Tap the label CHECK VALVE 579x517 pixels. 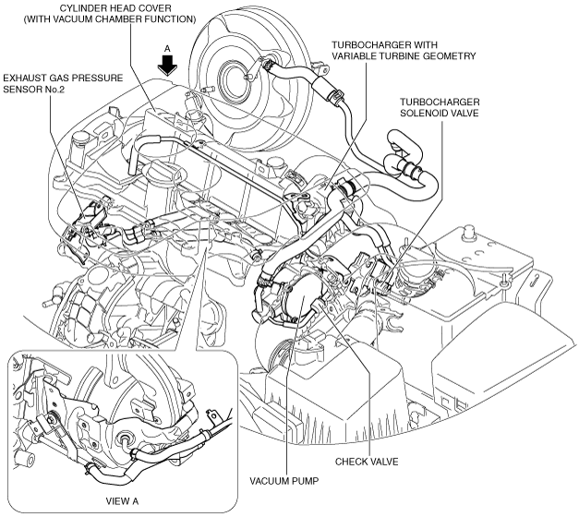tap(367, 461)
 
